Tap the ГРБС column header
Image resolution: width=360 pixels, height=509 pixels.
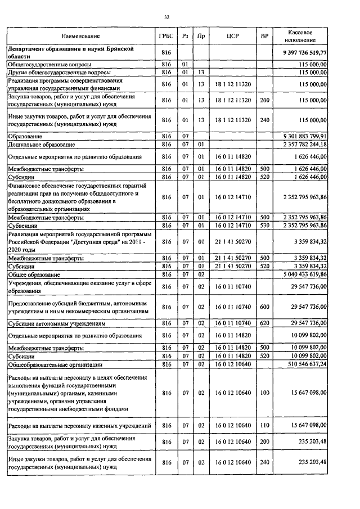[166, 35]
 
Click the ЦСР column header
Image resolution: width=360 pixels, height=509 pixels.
[233, 35]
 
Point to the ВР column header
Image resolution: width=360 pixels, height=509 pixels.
[264, 35]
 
